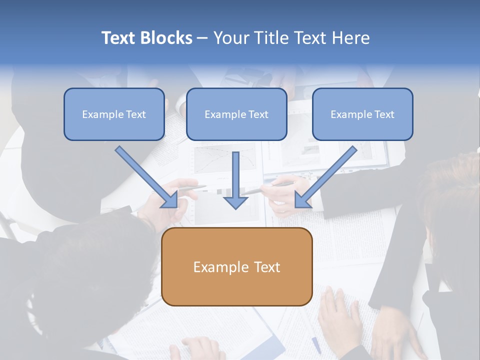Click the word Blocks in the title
pos(166,38)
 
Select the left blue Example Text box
pos(114,114)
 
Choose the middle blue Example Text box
pos(236,114)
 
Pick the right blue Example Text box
pos(362,114)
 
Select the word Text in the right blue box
pos(384,114)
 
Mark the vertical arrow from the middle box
pos(236,175)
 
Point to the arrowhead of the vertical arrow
pos(236,202)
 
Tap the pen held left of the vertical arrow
pos(192,188)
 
